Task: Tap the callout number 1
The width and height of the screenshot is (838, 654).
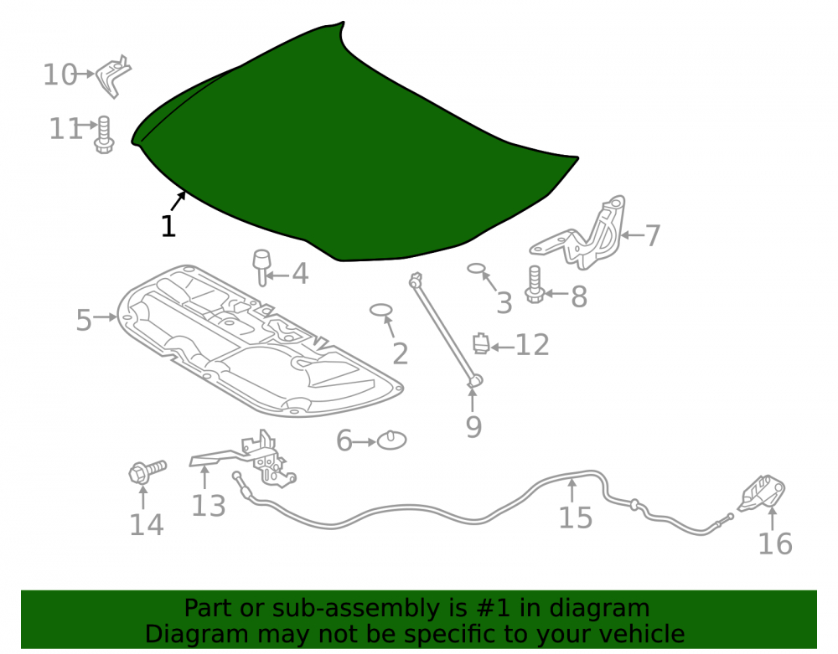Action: [x=168, y=226]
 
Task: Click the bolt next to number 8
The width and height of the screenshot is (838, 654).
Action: [x=535, y=285]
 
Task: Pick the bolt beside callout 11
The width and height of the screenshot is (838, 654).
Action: [x=104, y=135]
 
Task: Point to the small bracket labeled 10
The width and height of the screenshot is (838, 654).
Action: [x=113, y=76]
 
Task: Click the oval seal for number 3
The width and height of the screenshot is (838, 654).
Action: [x=475, y=269]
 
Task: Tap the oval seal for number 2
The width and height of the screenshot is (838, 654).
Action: [x=381, y=310]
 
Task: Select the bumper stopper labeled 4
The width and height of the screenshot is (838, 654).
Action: [x=261, y=267]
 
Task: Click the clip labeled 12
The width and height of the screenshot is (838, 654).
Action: [x=481, y=343]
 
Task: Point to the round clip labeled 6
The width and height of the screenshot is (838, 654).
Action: [x=391, y=440]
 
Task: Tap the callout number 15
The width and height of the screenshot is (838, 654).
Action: [x=576, y=518]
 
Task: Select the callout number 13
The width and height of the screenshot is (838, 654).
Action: [x=209, y=506]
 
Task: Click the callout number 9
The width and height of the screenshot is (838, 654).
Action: [x=473, y=426]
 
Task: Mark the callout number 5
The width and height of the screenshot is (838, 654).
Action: [x=84, y=321]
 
